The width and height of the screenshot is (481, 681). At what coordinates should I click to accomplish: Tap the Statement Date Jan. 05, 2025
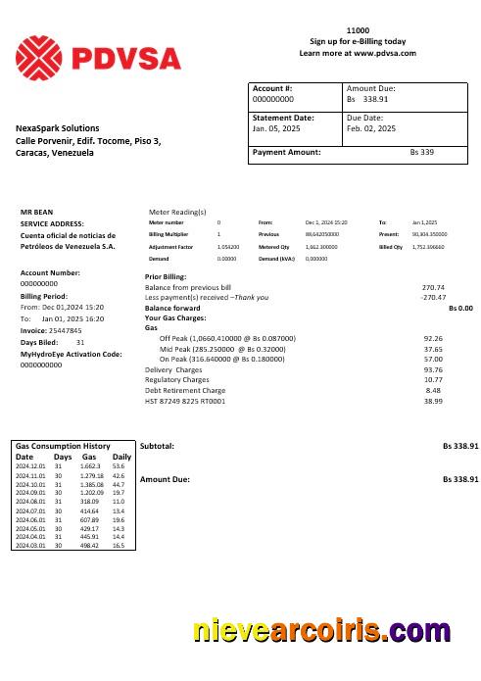(274, 128)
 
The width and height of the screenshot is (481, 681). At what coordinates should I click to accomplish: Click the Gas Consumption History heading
(62, 446)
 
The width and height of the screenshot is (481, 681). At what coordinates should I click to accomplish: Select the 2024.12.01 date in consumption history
(31, 465)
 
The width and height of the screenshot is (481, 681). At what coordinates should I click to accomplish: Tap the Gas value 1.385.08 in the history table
(90, 484)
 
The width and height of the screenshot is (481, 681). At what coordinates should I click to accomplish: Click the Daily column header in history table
(121, 457)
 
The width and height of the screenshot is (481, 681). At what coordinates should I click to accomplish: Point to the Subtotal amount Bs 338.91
(460, 446)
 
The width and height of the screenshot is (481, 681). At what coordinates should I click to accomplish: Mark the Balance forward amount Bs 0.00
(460, 308)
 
